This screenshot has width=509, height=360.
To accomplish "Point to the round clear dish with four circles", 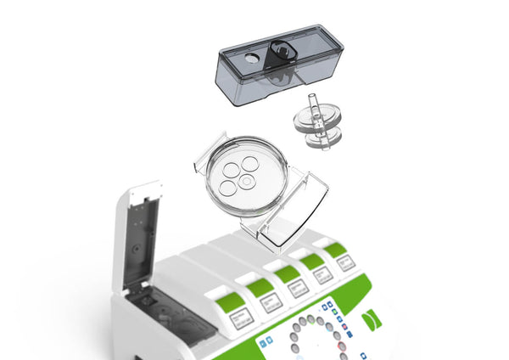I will (246, 173).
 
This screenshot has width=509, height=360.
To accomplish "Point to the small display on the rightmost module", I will (345, 262).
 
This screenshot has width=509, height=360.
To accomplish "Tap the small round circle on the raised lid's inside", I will (136, 250).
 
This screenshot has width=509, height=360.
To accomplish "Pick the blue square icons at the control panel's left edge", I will (266, 341).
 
